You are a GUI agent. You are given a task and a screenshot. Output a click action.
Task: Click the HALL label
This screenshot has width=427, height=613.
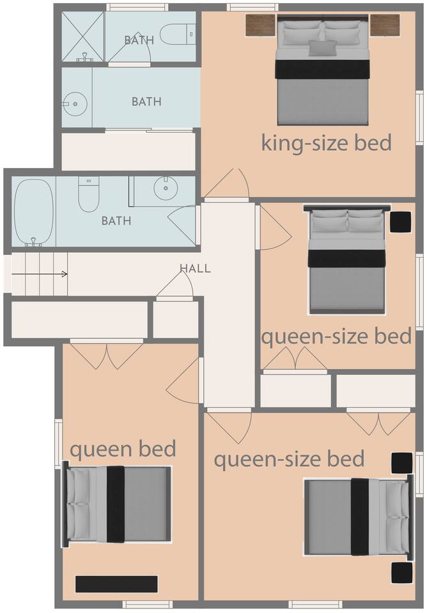coord(195,268)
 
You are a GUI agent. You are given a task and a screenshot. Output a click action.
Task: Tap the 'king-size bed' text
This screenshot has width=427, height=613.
coord(326,142)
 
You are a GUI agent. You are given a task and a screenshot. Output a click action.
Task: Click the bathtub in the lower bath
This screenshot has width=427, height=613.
coord(34,212)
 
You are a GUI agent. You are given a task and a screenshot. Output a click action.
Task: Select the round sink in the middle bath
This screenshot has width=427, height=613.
coord(75,104)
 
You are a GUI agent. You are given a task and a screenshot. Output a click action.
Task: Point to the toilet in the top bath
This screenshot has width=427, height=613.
coord(178,34)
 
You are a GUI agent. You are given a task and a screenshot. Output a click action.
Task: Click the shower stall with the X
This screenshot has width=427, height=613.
coord(82,36)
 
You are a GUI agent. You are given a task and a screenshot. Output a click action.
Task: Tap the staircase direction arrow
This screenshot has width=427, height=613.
coord(40,274)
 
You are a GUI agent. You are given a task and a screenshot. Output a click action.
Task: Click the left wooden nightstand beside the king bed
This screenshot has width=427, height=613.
coord(261,26)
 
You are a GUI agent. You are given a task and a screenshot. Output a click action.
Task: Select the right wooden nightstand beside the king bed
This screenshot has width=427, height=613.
coord(385,26)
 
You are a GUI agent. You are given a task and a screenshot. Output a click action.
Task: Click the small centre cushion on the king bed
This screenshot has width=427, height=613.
coord(323,48)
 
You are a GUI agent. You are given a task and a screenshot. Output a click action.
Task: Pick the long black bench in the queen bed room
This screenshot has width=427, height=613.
coord(116,584)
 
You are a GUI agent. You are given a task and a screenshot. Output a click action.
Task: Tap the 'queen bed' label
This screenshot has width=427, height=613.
coord(123,449)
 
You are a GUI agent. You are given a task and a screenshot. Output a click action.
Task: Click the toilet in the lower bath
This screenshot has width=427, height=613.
coord(89,194)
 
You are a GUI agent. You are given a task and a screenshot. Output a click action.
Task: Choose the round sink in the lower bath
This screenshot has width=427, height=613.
coord(166,188)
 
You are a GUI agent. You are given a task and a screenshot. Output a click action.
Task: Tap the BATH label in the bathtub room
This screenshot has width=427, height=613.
coord(116,221)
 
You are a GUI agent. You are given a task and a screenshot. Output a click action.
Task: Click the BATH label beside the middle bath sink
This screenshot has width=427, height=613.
coord(146,102)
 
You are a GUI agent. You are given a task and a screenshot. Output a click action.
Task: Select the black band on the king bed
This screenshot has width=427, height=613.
coord(323,69)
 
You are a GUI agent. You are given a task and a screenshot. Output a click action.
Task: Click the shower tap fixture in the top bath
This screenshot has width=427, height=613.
coord(84,59)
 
